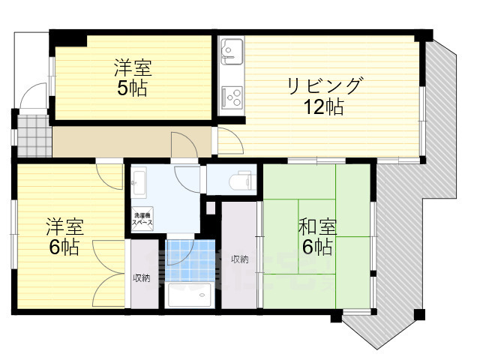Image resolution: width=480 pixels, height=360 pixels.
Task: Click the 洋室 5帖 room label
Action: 132,78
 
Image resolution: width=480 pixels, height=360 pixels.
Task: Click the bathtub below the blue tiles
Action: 190,298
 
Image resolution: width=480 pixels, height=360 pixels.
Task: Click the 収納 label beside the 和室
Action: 239,259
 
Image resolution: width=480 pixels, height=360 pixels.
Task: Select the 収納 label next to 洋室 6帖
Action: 141,277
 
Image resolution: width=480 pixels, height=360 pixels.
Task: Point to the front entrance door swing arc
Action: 31,97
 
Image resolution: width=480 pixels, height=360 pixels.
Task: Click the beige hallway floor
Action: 112,142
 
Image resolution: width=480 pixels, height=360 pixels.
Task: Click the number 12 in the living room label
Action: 312,106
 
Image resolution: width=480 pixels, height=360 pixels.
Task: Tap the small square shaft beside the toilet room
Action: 211,207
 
